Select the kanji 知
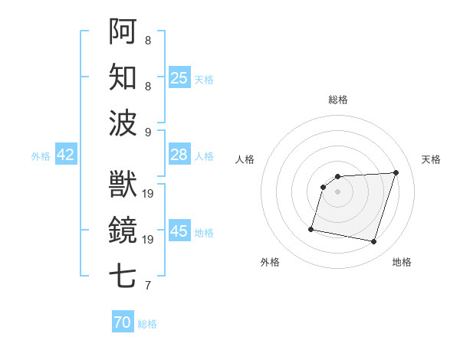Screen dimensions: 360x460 pyautogui.click(x=123, y=77)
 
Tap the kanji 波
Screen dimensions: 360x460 pyautogui.click(x=123, y=123)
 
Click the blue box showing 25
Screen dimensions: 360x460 pyautogui.click(x=179, y=77)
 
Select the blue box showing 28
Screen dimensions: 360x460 pyautogui.click(x=179, y=155)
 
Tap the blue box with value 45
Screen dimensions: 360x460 pyautogui.click(x=179, y=231)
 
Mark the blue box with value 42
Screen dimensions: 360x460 pyautogui.click(x=66, y=155)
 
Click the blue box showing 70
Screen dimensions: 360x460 pyautogui.click(x=123, y=322)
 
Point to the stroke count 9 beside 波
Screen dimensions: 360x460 pyautogui.click(x=148, y=133)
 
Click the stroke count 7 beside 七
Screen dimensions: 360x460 pyautogui.click(x=148, y=286)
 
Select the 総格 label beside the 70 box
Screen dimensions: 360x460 pyautogui.click(x=147, y=324)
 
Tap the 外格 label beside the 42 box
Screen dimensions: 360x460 pyautogui.click(x=41, y=156)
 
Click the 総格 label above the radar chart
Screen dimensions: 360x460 pyautogui.click(x=337, y=100)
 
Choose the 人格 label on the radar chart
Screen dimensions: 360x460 pyautogui.click(x=245, y=159)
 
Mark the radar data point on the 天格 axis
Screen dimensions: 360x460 pyautogui.click(x=396, y=172)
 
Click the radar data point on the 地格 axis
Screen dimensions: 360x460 pyautogui.click(x=373, y=242)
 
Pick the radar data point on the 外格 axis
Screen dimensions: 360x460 pyautogui.click(x=311, y=228)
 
